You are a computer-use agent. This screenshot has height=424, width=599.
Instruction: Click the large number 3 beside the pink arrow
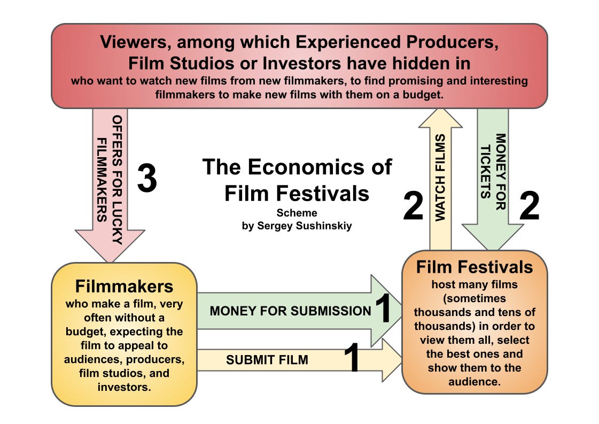pyautogui.click(x=147, y=179)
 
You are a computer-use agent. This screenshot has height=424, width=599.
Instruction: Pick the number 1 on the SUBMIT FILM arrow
pyautogui.click(x=351, y=358)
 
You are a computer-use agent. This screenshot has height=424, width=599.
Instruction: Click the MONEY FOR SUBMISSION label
pyautogui.click(x=290, y=311)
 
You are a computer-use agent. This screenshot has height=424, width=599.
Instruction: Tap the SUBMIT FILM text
pyautogui.click(x=267, y=360)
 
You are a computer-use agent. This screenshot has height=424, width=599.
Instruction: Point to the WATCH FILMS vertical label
pyautogui.click(x=440, y=178)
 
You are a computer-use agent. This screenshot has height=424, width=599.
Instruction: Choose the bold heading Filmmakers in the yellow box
pyautogui.click(x=124, y=287)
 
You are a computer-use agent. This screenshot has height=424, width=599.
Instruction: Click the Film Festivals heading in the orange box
pyautogui.click(x=474, y=267)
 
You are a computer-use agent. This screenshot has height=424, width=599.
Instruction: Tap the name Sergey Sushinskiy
pyautogui.click(x=297, y=225)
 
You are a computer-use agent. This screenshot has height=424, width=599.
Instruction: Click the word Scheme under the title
pyautogui.click(x=297, y=213)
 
